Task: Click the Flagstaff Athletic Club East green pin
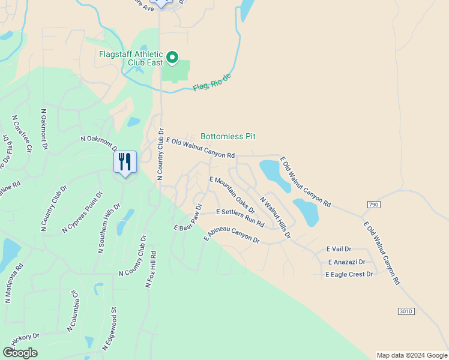point(172,58)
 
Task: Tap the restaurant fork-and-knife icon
point(125,161)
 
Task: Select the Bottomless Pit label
point(228,137)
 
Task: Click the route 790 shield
point(373,205)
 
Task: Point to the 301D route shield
point(406,311)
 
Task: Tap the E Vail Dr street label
point(339,249)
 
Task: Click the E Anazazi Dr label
point(346,262)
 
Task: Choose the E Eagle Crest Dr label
point(349,274)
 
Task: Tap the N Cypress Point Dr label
point(82,212)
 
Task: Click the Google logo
point(20,353)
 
